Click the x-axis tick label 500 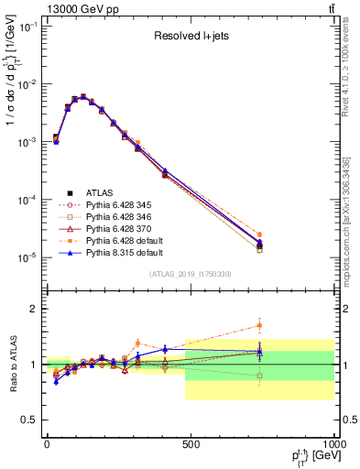pos(191,444)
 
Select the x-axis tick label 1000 pos(333,444)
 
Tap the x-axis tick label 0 pos(47,444)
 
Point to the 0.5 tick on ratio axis pos(30,420)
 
